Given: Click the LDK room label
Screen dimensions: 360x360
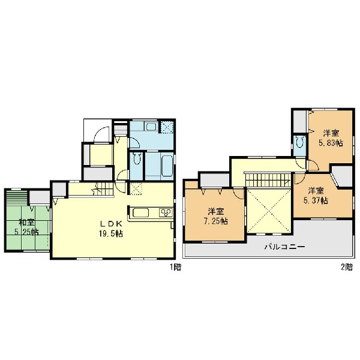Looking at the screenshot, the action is [111, 224].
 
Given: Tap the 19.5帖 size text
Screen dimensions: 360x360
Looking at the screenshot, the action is [111, 234].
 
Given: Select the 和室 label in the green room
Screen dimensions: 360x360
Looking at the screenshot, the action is [26, 223].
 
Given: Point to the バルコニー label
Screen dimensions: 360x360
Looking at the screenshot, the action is [284, 247].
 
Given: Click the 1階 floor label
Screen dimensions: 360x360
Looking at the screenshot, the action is [175, 267].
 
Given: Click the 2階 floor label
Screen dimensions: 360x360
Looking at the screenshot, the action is [347, 267].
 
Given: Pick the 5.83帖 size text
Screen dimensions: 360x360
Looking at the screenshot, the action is [331, 143].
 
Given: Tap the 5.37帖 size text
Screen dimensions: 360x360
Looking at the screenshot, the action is [316, 200].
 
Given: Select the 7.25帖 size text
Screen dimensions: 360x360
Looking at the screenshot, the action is [215, 221].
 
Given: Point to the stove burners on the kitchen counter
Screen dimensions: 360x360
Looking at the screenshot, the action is [166, 213].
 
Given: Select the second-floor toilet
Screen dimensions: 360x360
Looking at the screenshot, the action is [300, 142].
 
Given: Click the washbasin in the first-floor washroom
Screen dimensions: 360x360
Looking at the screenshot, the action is [151, 127].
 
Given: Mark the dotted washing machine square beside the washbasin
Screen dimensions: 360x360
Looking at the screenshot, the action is [167, 127].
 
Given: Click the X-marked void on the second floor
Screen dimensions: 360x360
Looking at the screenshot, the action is [269, 211].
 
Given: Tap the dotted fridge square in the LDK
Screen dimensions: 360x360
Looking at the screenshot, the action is [136, 189].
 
